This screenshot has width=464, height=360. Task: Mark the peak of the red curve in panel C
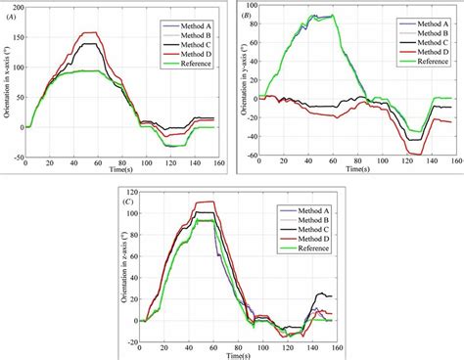(205, 202)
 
